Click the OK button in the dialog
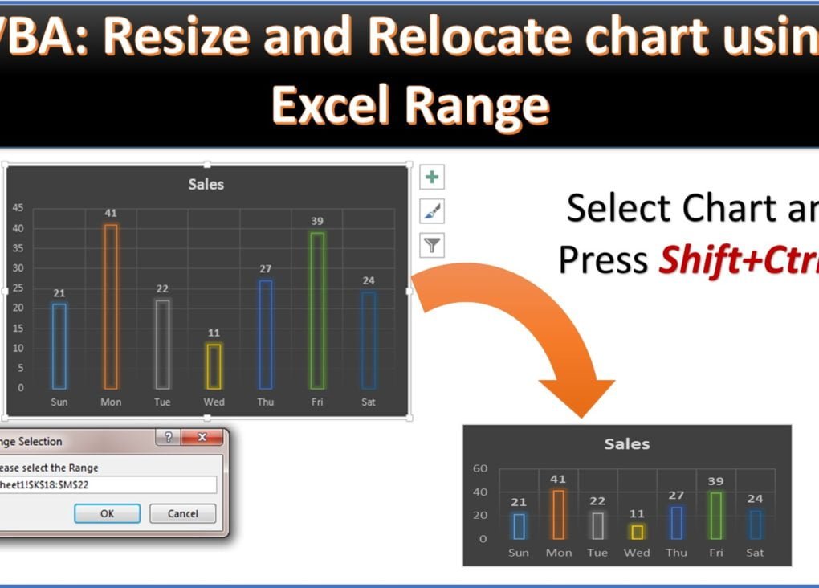107,514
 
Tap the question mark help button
168,438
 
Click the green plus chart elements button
433,178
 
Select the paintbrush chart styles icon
433,211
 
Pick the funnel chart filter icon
433,246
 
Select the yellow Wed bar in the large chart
214,366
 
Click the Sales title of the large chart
206,184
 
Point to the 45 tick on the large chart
17,208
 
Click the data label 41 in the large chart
111,213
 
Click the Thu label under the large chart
265,402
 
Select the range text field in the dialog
108,484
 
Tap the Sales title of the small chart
627,443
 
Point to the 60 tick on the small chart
480,468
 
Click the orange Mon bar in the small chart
559,514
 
